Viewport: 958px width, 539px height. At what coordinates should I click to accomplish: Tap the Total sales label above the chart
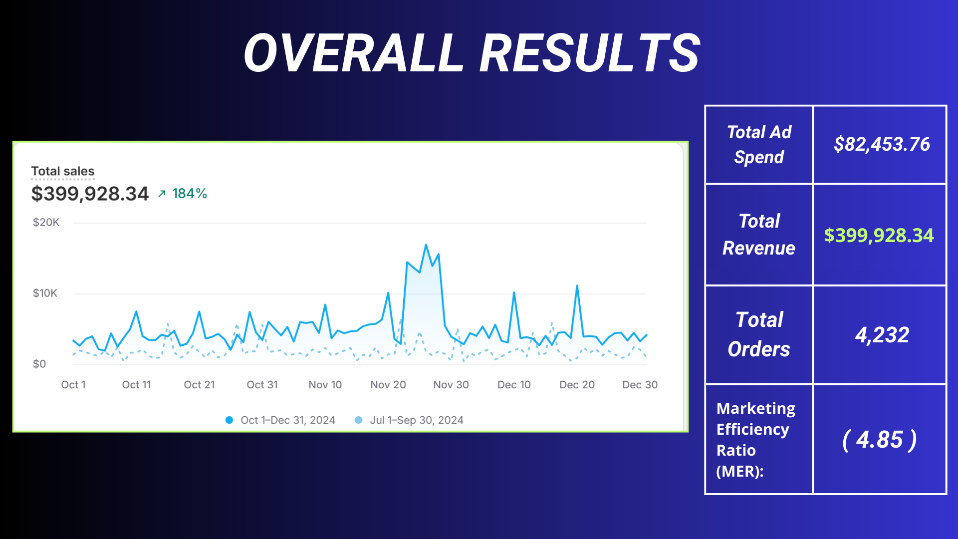63,171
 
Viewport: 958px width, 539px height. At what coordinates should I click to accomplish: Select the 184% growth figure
190,194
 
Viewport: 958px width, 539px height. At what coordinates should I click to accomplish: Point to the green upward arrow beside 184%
162,194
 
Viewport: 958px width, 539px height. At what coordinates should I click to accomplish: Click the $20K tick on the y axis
46,223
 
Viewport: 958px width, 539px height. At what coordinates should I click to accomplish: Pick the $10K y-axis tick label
45,293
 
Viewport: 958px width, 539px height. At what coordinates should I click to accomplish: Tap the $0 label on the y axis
39,364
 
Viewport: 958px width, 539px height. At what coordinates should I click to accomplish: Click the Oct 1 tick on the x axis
73,385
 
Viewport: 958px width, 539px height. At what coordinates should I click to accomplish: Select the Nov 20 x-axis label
388,385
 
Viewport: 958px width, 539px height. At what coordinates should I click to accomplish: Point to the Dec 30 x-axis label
640,385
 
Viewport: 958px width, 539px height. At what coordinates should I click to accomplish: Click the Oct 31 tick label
262,385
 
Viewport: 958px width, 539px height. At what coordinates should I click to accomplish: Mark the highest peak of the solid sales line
426,245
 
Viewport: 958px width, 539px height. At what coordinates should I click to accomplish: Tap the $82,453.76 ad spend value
882,144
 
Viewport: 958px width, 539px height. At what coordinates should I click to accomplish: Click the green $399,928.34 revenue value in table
879,235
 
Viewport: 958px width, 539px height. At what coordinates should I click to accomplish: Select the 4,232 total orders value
882,335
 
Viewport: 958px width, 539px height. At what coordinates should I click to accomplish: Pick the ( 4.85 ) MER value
880,440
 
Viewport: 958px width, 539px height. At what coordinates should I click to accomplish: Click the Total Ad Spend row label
759,145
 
